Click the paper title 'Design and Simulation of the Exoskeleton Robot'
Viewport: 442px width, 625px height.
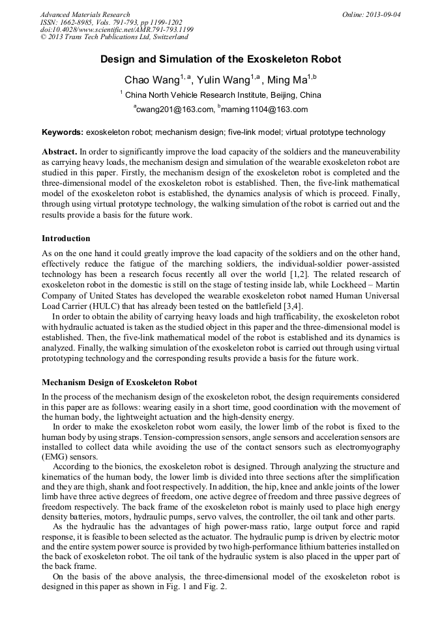220,59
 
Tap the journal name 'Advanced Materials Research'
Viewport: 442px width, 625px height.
85,14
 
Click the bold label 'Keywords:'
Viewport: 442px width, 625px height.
63,132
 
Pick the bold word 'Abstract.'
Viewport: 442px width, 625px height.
60,151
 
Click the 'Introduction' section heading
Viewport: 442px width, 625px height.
66,239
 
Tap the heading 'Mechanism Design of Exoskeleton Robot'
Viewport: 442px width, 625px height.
119,383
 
